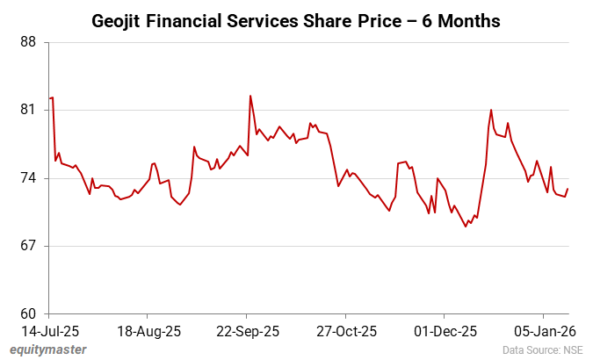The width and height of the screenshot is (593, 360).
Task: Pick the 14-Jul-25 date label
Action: [x=49, y=331]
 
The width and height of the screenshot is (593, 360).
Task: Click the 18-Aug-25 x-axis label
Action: [x=148, y=331]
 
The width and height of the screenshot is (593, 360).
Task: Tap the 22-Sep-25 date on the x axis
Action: [x=247, y=331]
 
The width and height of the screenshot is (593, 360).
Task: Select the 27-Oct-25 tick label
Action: [x=346, y=331]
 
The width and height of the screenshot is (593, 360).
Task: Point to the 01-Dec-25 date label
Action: [x=445, y=331]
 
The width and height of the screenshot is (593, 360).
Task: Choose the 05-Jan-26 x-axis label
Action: [x=544, y=331]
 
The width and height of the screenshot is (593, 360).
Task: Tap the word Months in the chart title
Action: [x=470, y=19]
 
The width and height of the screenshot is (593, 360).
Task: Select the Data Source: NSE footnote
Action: [x=543, y=349]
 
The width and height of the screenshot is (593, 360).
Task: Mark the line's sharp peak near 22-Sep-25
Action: [x=250, y=96]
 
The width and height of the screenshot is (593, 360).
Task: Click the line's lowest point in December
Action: [x=466, y=227]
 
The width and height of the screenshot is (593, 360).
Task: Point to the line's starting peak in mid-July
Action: [x=53, y=97]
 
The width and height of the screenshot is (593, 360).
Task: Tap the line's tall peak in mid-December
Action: [x=491, y=110]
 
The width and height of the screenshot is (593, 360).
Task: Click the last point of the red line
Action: [x=568, y=189]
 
